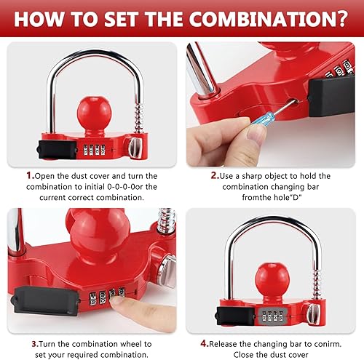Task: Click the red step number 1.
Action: [x=29, y=176]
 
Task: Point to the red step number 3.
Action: [x=29, y=323]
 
